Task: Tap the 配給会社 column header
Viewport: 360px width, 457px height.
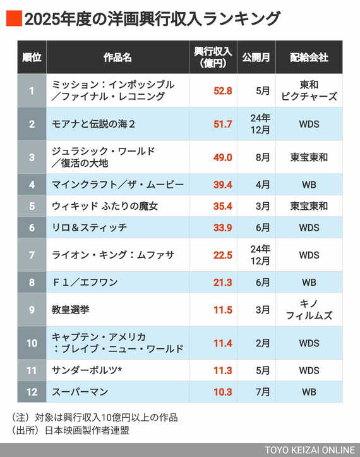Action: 309,58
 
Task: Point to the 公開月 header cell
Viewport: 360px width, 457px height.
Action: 256,58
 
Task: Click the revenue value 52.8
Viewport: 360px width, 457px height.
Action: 222,90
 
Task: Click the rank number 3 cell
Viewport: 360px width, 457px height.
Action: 32,157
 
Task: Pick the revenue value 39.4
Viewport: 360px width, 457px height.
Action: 222,185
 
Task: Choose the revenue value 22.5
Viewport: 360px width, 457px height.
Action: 222,255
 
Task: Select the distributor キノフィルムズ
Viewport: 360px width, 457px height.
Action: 309,310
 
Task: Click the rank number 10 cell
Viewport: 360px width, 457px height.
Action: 32,343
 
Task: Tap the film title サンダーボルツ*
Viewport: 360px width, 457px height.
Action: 89,370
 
